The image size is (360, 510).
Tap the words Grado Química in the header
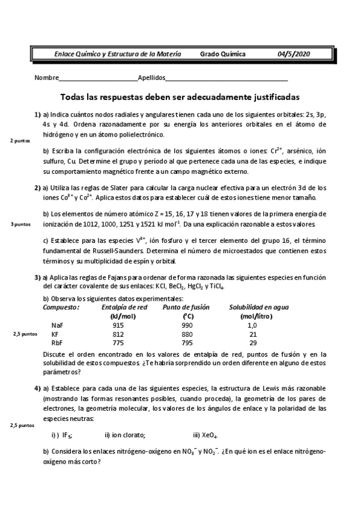(x=222, y=54)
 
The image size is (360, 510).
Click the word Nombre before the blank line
(x=46, y=78)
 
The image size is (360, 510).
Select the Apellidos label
(x=151, y=78)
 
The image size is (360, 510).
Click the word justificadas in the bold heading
(x=270, y=97)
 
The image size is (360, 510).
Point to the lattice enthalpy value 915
(x=118, y=325)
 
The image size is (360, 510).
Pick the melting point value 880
(x=186, y=334)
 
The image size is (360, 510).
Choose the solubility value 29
(x=252, y=342)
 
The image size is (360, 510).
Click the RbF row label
(x=57, y=342)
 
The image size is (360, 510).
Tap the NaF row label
(x=57, y=325)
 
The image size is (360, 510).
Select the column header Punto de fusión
(x=186, y=307)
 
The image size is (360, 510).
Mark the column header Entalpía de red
(x=124, y=307)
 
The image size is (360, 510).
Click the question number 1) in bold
(x=37, y=114)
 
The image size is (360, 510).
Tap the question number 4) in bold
(x=37, y=389)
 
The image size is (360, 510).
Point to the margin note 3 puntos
(x=21, y=224)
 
